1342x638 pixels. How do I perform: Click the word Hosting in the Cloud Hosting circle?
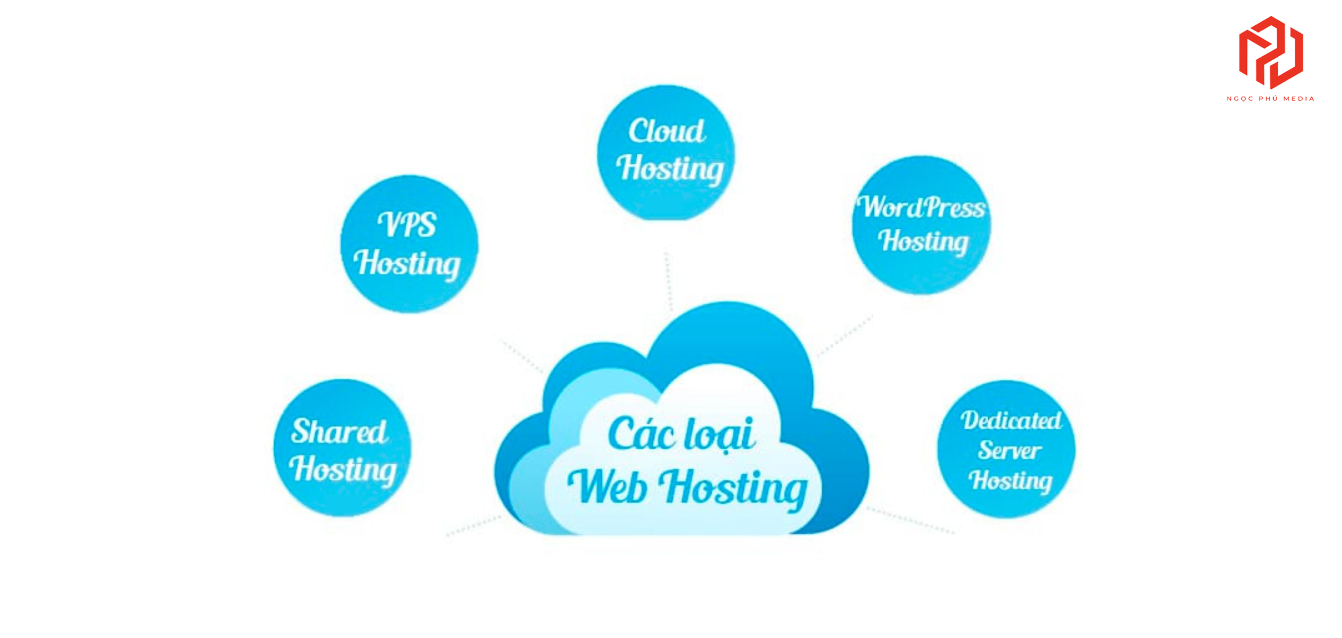tap(670, 168)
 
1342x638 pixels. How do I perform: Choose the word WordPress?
tap(922, 207)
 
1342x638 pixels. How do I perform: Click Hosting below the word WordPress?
tap(923, 241)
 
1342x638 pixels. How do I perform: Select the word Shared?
tap(340, 432)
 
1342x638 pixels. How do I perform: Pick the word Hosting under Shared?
tap(343, 469)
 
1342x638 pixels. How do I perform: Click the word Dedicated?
tap(1011, 421)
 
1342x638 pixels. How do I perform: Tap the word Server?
tap(1010, 450)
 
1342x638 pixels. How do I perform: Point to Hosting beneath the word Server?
tap(1011, 480)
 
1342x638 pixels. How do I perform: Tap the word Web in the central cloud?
tap(607, 487)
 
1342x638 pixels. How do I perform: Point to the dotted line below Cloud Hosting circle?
tap(669, 281)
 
